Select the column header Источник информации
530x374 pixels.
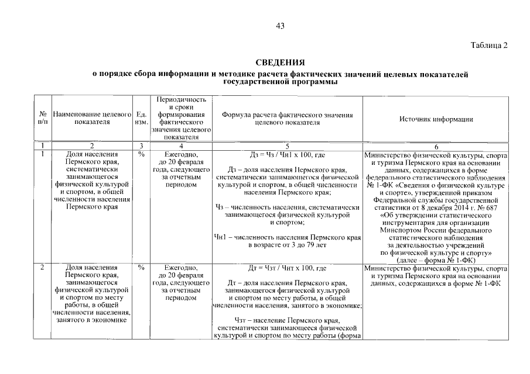[x=436, y=119]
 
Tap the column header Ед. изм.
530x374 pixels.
[x=141, y=119]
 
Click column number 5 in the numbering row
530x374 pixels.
[x=287, y=145]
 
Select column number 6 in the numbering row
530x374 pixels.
[x=436, y=146]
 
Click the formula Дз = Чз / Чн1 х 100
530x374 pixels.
[x=287, y=155]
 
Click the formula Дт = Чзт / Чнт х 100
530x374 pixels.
[x=287, y=269]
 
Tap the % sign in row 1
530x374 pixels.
[x=141, y=155]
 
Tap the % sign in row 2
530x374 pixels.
[x=141, y=268]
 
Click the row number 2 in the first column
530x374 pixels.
[x=42, y=268]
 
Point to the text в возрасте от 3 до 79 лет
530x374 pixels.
[x=287, y=245]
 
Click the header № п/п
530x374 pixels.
[x=42, y=119]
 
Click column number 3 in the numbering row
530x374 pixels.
[x=141, y=145]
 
